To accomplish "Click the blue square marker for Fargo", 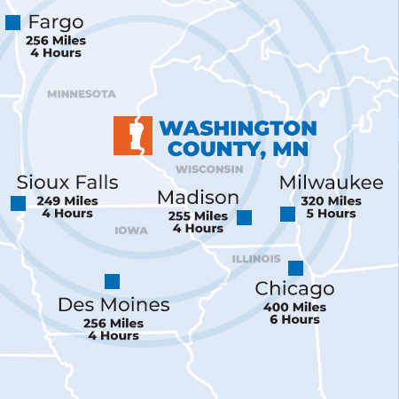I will click(12, 23).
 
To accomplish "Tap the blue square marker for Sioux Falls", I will click(18, 203).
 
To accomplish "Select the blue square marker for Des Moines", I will click(112, 282).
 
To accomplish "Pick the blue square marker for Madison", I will click(244, 217).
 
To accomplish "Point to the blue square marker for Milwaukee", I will click(287, 214).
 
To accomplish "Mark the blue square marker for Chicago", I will click(295, 268).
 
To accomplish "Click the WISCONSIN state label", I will click(209, 169).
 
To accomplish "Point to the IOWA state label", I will click(131, 231).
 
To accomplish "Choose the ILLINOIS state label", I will click(256, 259).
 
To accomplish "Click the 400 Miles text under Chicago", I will click(294, 308).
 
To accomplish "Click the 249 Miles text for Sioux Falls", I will click(67, 201).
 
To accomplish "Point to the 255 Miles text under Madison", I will click(198, 216).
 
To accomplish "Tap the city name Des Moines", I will click(113, 305).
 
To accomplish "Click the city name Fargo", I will click(56, 21).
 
